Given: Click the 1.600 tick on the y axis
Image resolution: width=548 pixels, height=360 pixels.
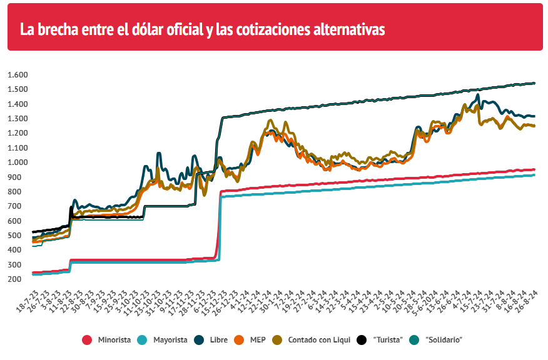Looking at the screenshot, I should (x=18, y=75).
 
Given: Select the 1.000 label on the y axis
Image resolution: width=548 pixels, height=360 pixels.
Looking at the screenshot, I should (x=18, y=162).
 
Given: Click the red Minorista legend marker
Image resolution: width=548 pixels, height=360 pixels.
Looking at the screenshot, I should (x=87, y=339).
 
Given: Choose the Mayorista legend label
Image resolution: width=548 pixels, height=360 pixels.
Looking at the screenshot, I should (x=170, y=339).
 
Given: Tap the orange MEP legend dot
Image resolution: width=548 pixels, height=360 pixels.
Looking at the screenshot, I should (x=238, y=339).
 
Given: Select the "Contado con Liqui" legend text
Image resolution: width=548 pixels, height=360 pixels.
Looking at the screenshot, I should (x=318, y=339).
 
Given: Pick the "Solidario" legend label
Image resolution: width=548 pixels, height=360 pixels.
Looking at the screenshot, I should (x=444, y=339).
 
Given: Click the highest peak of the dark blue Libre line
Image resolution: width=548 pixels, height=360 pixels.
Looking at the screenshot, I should (x=478, y=95).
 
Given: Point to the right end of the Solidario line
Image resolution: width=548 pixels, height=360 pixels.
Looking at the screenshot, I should (x=534, y=83).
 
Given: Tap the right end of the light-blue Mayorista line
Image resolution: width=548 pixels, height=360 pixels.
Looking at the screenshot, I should (x=534, y=175).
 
